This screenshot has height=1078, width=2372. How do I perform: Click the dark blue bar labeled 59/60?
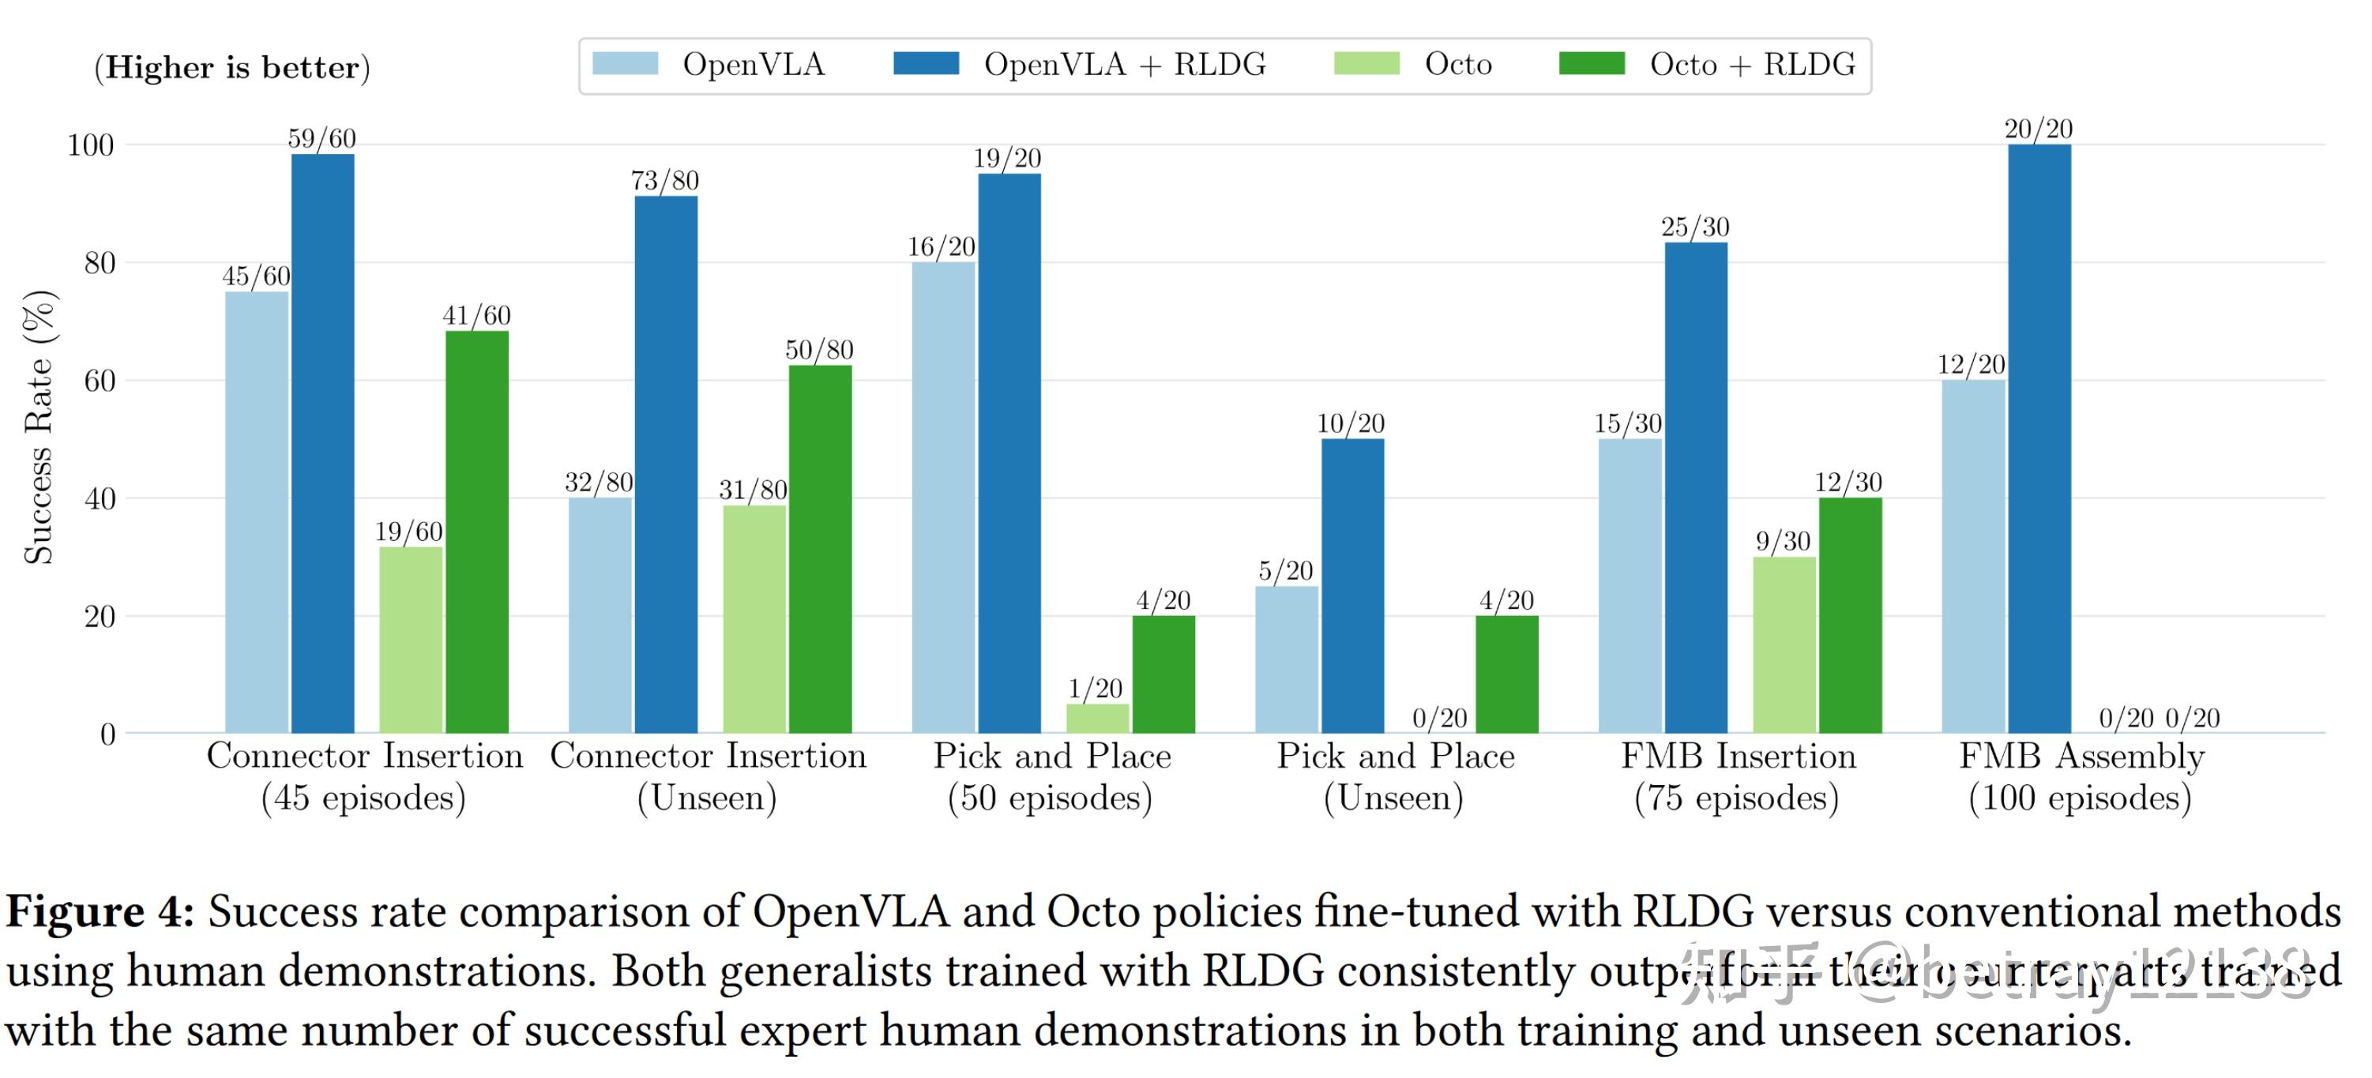point(322,443)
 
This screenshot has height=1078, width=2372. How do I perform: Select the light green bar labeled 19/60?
point(411,640)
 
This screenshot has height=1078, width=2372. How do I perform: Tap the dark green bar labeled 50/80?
point(820,549)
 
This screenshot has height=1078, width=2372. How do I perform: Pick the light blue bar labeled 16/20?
point(943,497)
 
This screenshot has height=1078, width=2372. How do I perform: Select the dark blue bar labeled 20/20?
point(2039,438)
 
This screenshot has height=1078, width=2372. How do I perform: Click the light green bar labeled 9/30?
point(1784,644)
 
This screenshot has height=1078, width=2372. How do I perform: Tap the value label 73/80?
point(665,180)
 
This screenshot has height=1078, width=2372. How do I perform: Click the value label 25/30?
point(1694,227)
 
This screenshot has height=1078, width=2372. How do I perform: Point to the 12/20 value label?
point(1971,365)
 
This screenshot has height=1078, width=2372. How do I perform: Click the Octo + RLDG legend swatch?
point(1591,63)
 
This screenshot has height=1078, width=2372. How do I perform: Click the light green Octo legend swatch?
point(1366,63)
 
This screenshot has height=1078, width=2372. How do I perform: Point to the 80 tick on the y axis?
point(100,263)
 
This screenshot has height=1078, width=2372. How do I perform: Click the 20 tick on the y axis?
point(100,617)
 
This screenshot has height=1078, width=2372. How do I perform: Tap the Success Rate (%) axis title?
point(39,426)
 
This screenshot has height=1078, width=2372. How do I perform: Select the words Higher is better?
point(232,67)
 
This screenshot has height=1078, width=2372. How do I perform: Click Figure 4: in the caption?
point(100,912)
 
